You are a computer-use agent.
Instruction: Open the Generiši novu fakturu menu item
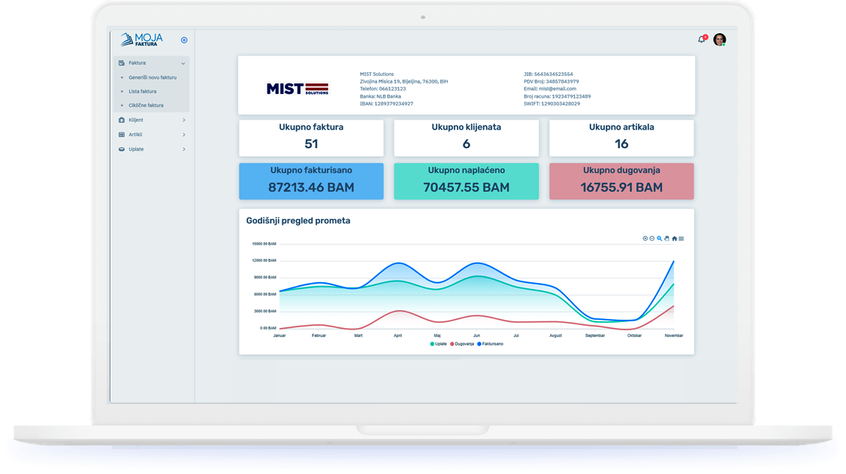[x=153, y=77]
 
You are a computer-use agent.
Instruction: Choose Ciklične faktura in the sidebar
[x=146, y=105]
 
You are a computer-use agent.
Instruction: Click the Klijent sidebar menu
[x=136, y=120]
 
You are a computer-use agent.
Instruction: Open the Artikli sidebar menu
[x=135, y=135]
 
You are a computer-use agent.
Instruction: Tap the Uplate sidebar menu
[x=136, y=149]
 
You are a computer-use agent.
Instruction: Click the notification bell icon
[x=702, y=39]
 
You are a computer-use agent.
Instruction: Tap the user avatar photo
[x=719, y=40]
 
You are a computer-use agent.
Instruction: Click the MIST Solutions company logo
[x=298, y=88]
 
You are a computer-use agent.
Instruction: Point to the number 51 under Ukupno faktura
[x=311, y=144]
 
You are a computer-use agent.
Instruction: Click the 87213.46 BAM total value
[x=311, y=187]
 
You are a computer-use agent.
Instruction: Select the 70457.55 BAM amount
[x=466, y=187]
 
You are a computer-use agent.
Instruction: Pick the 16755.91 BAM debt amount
[x=621, y=187]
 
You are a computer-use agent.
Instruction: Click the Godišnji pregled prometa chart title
[x=298, y=220]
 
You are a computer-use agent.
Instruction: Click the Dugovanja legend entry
[x=461, y=344]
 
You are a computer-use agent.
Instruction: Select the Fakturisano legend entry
[x=490, y=344]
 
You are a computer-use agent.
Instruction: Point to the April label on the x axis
[x=397, y=336]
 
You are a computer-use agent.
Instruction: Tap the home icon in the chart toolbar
[x=674, y=239]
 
